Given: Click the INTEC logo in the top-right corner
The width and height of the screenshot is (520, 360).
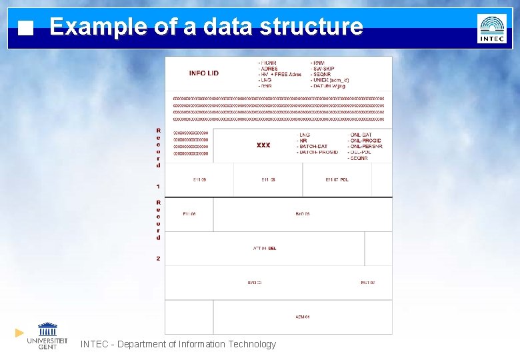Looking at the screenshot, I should tap(492, 29).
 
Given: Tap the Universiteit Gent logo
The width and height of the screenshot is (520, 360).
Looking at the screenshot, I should tap(47, 335).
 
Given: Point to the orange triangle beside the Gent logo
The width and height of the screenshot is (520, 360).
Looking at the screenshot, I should tap(19, 332).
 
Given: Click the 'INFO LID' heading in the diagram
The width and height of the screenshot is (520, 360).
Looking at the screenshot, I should tap(203, 73).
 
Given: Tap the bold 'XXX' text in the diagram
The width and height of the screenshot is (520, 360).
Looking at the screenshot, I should tap(263, 145).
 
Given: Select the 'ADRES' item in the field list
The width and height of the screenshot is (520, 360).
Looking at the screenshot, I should tap(269, 69).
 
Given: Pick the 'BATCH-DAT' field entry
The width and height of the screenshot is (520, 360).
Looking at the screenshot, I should tap(313, 147).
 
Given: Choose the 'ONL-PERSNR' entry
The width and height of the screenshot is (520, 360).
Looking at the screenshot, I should tap(365, 147).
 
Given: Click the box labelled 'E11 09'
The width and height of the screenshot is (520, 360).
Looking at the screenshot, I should tap(199, 180).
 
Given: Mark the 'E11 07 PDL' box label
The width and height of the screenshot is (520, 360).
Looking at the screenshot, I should tap(337, 180).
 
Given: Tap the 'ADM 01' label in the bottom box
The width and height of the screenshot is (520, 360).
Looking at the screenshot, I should tap(303, 317).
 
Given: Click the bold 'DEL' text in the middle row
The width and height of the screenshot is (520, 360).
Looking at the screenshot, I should tap(272, 248).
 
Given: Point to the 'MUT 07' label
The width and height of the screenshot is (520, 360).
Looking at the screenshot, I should tap(367, 283).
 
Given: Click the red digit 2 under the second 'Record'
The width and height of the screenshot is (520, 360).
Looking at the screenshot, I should tap(158, 259).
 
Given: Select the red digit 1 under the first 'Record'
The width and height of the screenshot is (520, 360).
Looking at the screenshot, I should tap(158, 186).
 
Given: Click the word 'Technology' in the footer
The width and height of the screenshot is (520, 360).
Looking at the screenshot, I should tap(251, 344).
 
